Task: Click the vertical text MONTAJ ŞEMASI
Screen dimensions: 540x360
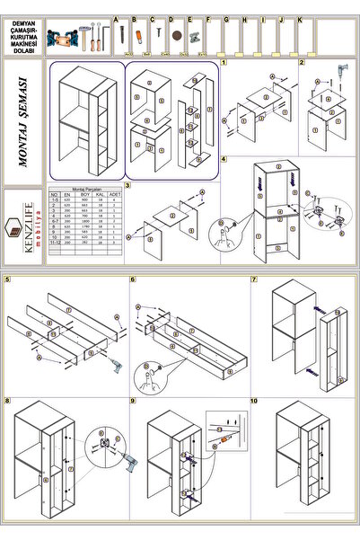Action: (22, 122)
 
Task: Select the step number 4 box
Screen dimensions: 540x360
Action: (224, 160)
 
